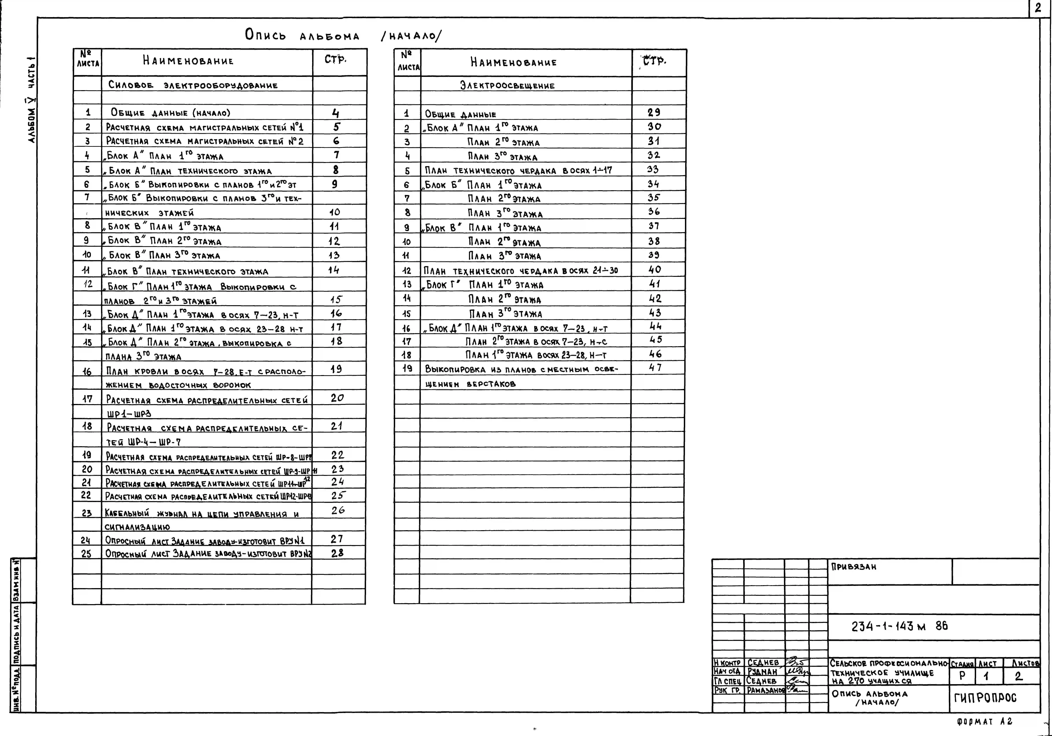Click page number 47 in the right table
coord(655,367)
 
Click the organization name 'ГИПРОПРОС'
coord(985,698)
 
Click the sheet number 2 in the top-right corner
coord(1038,8)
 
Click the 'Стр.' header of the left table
coord(335,60)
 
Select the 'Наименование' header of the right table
coord(513,62)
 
